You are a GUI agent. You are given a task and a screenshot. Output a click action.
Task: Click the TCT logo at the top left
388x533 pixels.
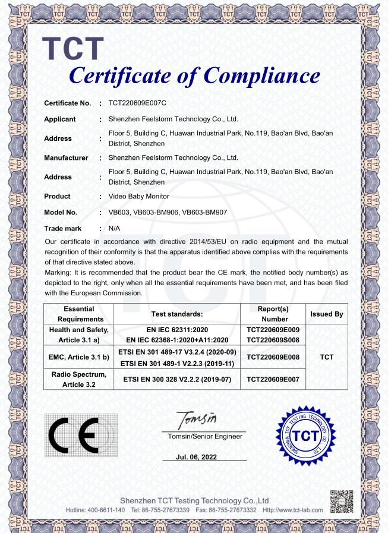(74, 49)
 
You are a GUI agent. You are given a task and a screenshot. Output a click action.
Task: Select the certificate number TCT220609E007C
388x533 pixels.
(137, 103)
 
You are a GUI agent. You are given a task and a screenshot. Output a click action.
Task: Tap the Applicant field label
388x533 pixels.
(60, 119)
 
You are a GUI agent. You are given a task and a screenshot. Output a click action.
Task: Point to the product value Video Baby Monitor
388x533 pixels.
(139, 196)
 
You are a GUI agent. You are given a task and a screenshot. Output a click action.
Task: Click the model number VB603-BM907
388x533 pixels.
(204, 212)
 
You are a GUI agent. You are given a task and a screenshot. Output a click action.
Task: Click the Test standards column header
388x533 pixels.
(177, 313)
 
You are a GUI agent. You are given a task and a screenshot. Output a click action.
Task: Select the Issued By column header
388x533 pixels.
(326, 313)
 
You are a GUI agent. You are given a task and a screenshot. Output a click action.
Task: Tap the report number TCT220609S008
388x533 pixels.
(273, 340)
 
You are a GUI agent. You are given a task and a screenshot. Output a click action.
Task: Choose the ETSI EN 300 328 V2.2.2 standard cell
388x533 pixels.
(177, 378)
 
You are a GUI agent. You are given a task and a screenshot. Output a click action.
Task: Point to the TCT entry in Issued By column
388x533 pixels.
(326, 357)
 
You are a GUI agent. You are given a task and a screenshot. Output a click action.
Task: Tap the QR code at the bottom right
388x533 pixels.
(342, 501)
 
